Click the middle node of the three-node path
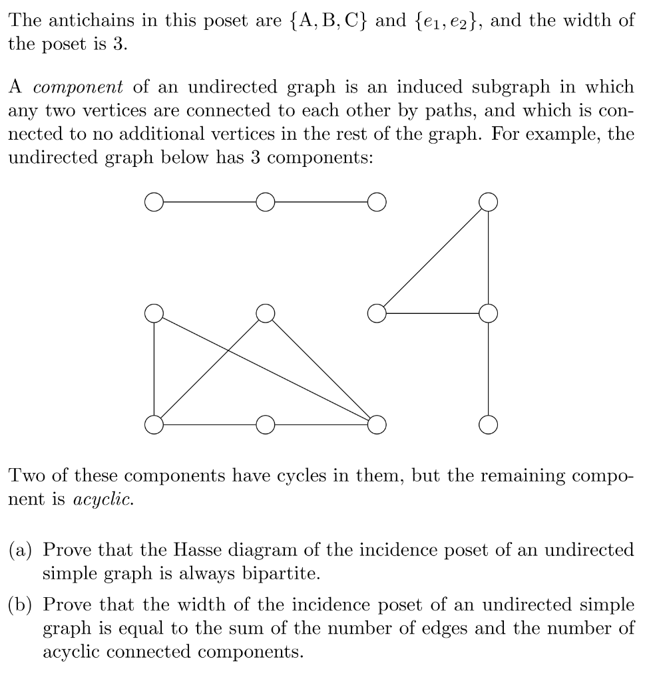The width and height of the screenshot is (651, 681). (265, 201)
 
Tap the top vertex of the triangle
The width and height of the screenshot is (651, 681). (489, 201)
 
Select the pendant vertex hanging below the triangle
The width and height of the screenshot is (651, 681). (489, 423)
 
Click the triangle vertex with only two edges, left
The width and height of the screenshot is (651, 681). (377, 312)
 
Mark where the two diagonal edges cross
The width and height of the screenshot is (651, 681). (228, 350)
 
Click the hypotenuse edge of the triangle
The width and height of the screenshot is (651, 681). (433, 257)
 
